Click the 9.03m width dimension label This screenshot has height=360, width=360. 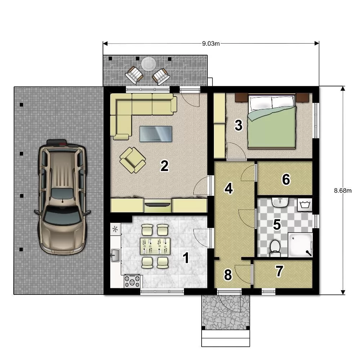[211, 44]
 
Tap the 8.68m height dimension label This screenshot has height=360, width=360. [343, 190]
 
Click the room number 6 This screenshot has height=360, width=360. [286, 179]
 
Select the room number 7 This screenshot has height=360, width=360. [279, 271]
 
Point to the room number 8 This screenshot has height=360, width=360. [228, 275]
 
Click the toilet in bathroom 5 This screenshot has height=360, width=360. [275, 249]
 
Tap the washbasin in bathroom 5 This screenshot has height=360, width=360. [280, 202]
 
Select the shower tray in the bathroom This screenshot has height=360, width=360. [301, 245]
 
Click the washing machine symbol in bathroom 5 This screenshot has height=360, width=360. [305, 204]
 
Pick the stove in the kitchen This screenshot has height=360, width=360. [132, 281]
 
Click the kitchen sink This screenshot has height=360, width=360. [116, 255]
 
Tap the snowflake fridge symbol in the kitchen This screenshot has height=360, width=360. [116, 229]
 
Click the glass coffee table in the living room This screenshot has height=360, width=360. [156, 134]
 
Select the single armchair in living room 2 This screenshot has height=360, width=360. [133, 160]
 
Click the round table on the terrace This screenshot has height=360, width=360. [149, 64]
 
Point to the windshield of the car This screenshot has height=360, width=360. [62, 216]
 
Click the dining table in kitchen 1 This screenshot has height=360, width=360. [155, 246]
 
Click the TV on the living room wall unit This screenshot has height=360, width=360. [158, 204]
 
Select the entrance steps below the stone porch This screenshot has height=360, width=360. [225, 338]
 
